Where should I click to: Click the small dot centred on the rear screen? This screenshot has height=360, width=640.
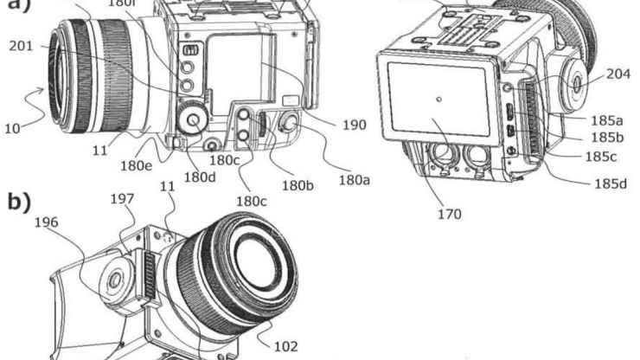439,100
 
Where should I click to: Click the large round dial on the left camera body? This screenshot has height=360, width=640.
192,116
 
